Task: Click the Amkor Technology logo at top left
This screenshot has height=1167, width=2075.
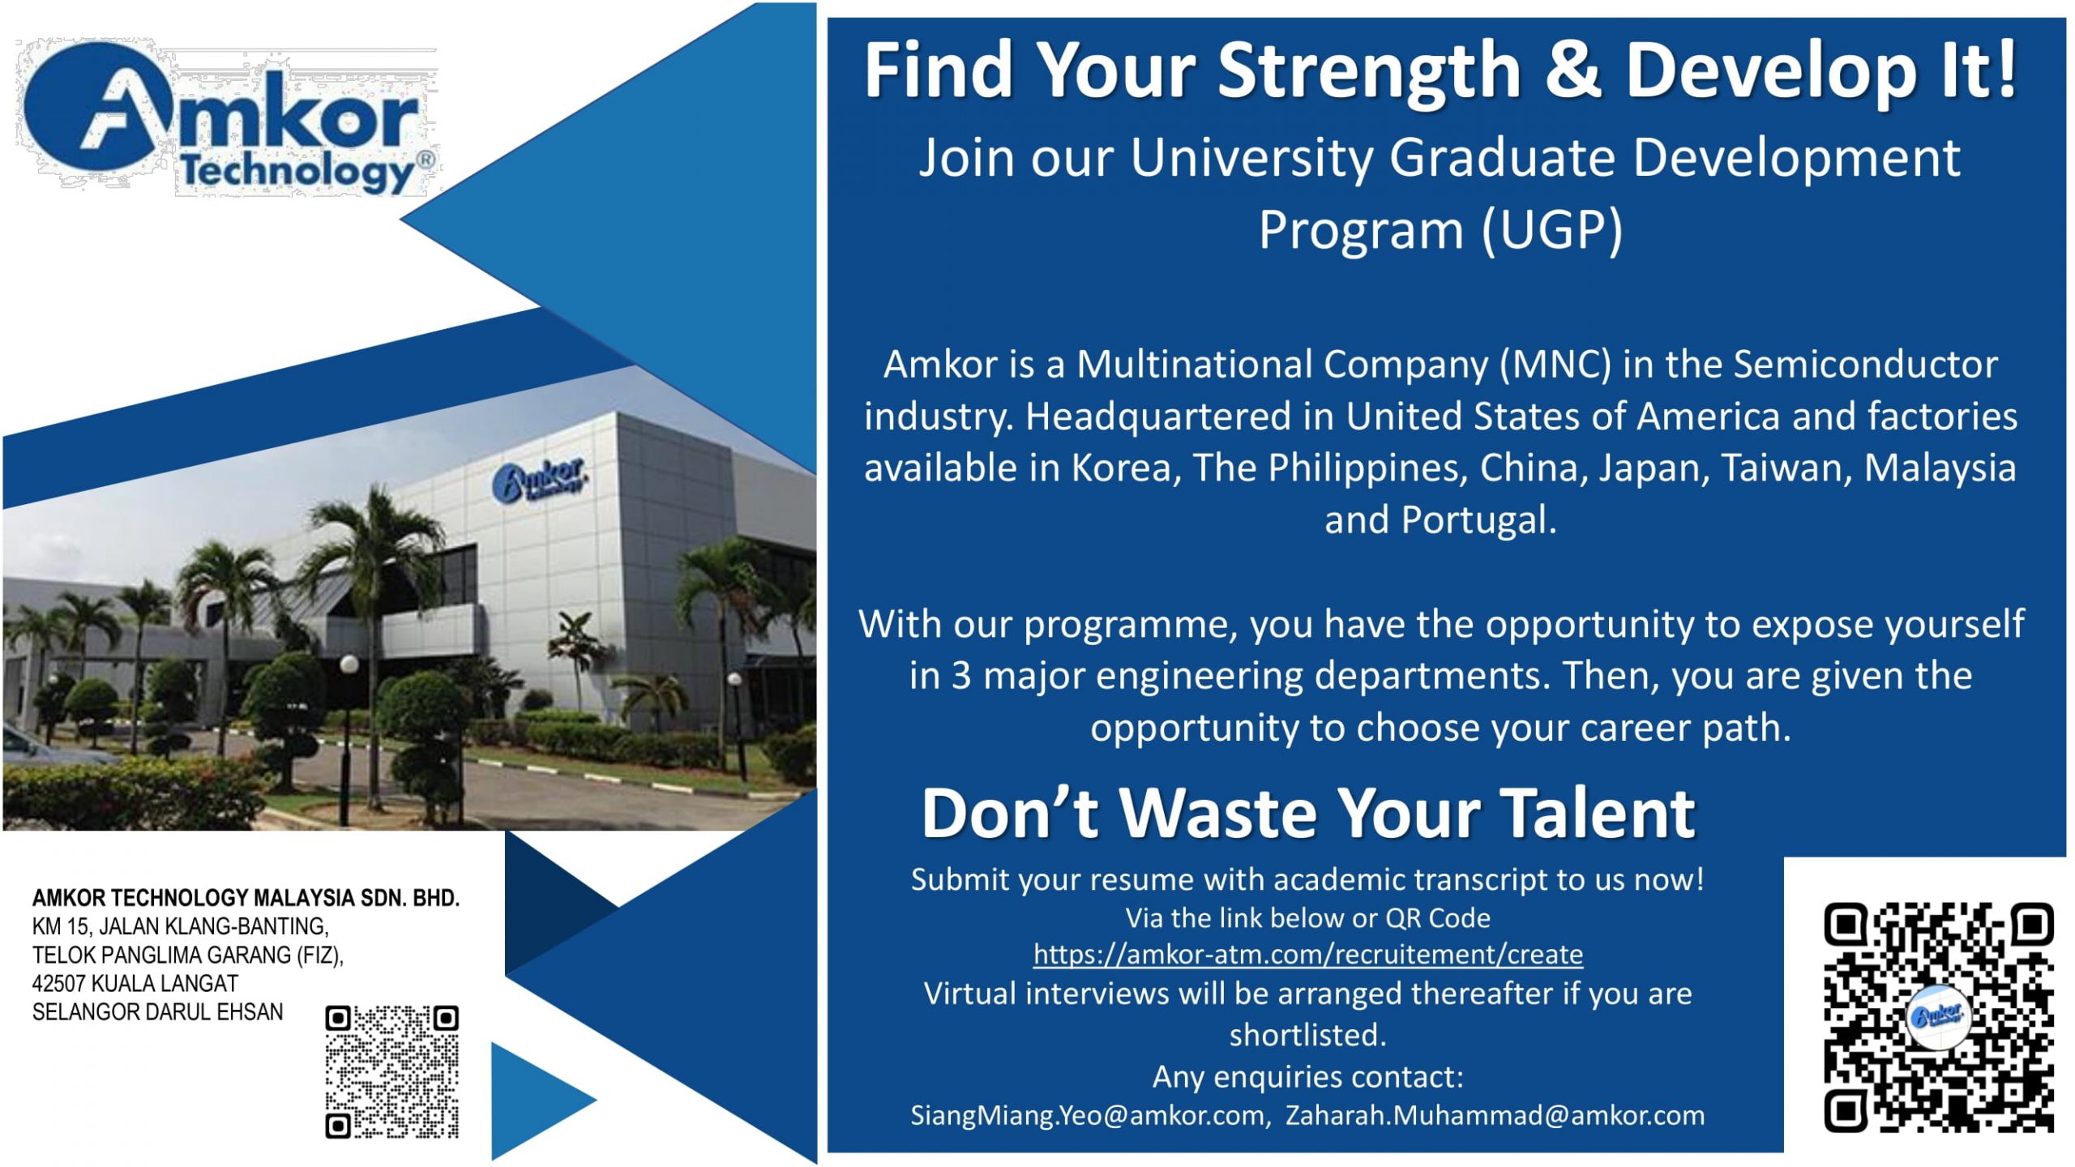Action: tap(227, 120)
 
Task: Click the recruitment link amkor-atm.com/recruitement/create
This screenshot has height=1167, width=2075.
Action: tap(1307, 955)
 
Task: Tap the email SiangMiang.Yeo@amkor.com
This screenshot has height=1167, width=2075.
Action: tap(1087, 1116)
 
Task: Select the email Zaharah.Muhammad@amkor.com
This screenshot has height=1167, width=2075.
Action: tap(1495, 1116)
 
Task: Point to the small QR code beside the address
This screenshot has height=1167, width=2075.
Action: tap(391, 1071)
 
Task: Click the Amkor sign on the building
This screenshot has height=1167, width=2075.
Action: tap(540, 481)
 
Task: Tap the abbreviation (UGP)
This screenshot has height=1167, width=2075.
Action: tap(1551, 230)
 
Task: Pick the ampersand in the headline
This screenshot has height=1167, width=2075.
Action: tap(1572, 71)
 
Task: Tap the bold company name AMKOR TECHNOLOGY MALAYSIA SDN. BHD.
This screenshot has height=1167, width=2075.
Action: tap(246, 898)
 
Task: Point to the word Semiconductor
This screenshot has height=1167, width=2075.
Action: tap(1865, 365)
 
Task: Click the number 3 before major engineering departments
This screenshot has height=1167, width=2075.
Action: tap(960, 676)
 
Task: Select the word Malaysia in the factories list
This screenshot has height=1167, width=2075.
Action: tap(1940, 468)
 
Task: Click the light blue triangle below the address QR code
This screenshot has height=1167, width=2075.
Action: tap(535, 1101)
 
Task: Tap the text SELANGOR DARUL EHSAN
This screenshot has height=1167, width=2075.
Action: tap(158, 1012)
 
